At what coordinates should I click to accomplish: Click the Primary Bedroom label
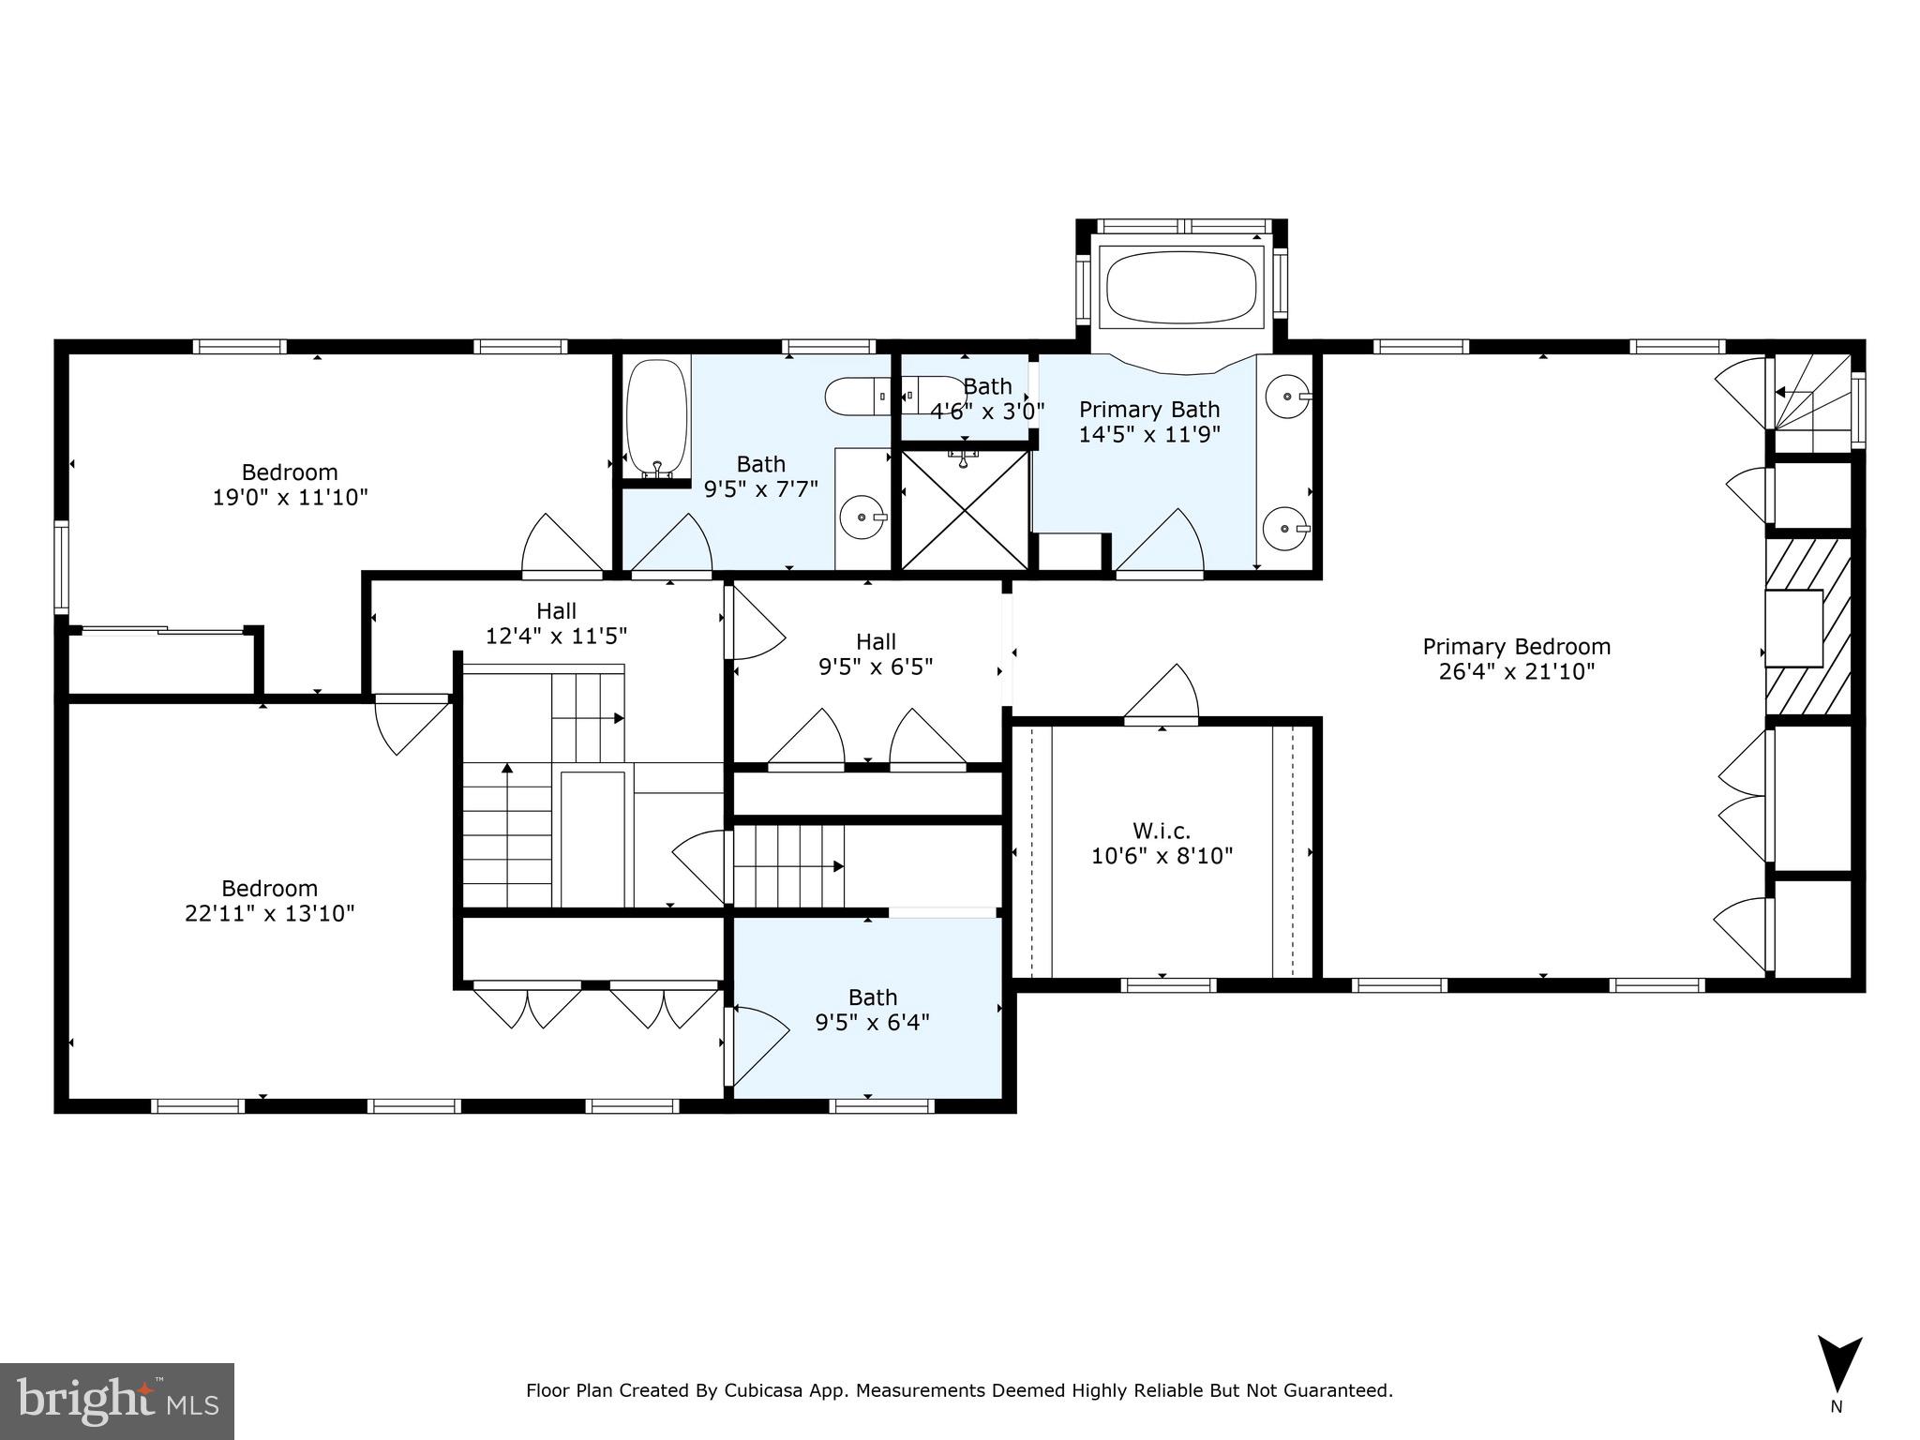tap(1516, 647)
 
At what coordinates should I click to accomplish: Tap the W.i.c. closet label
tap(1162, 831)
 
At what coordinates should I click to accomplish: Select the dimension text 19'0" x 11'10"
tap(291, 497)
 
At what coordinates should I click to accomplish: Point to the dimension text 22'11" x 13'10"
tap(270, 913)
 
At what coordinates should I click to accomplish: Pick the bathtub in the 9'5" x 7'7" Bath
tap(657, 419)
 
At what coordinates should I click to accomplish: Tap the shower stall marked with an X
tap(965, 511)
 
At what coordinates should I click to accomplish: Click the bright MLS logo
tap(117, 1402)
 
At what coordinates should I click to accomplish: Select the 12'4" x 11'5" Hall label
tap(556, 623)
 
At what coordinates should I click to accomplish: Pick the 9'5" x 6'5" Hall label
tap(876, 654)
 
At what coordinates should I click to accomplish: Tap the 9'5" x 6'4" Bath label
tap(872, 1010)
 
